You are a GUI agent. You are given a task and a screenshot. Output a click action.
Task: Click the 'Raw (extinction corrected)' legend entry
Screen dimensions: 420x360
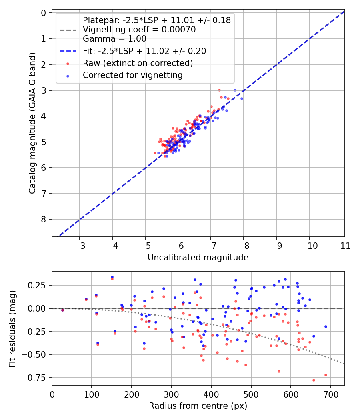[138, 63]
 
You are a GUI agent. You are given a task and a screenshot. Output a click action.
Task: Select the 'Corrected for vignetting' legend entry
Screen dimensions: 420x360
[132, 75]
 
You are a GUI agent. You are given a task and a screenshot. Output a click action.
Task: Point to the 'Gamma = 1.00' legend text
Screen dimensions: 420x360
[114, 39]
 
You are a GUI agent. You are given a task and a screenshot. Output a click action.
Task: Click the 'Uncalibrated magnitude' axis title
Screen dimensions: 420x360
[198, 258]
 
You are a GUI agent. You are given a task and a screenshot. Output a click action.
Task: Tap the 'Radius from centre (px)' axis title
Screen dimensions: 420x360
[198, 406]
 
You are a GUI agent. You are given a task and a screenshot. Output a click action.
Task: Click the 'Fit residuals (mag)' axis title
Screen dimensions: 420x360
[12, 328]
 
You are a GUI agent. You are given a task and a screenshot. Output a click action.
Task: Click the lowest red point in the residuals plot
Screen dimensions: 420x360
[314, 380]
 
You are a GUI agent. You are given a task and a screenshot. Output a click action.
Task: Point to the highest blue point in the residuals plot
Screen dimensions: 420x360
[112, 277]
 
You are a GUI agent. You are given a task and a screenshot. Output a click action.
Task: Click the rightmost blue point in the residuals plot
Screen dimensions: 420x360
[326, 326]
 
